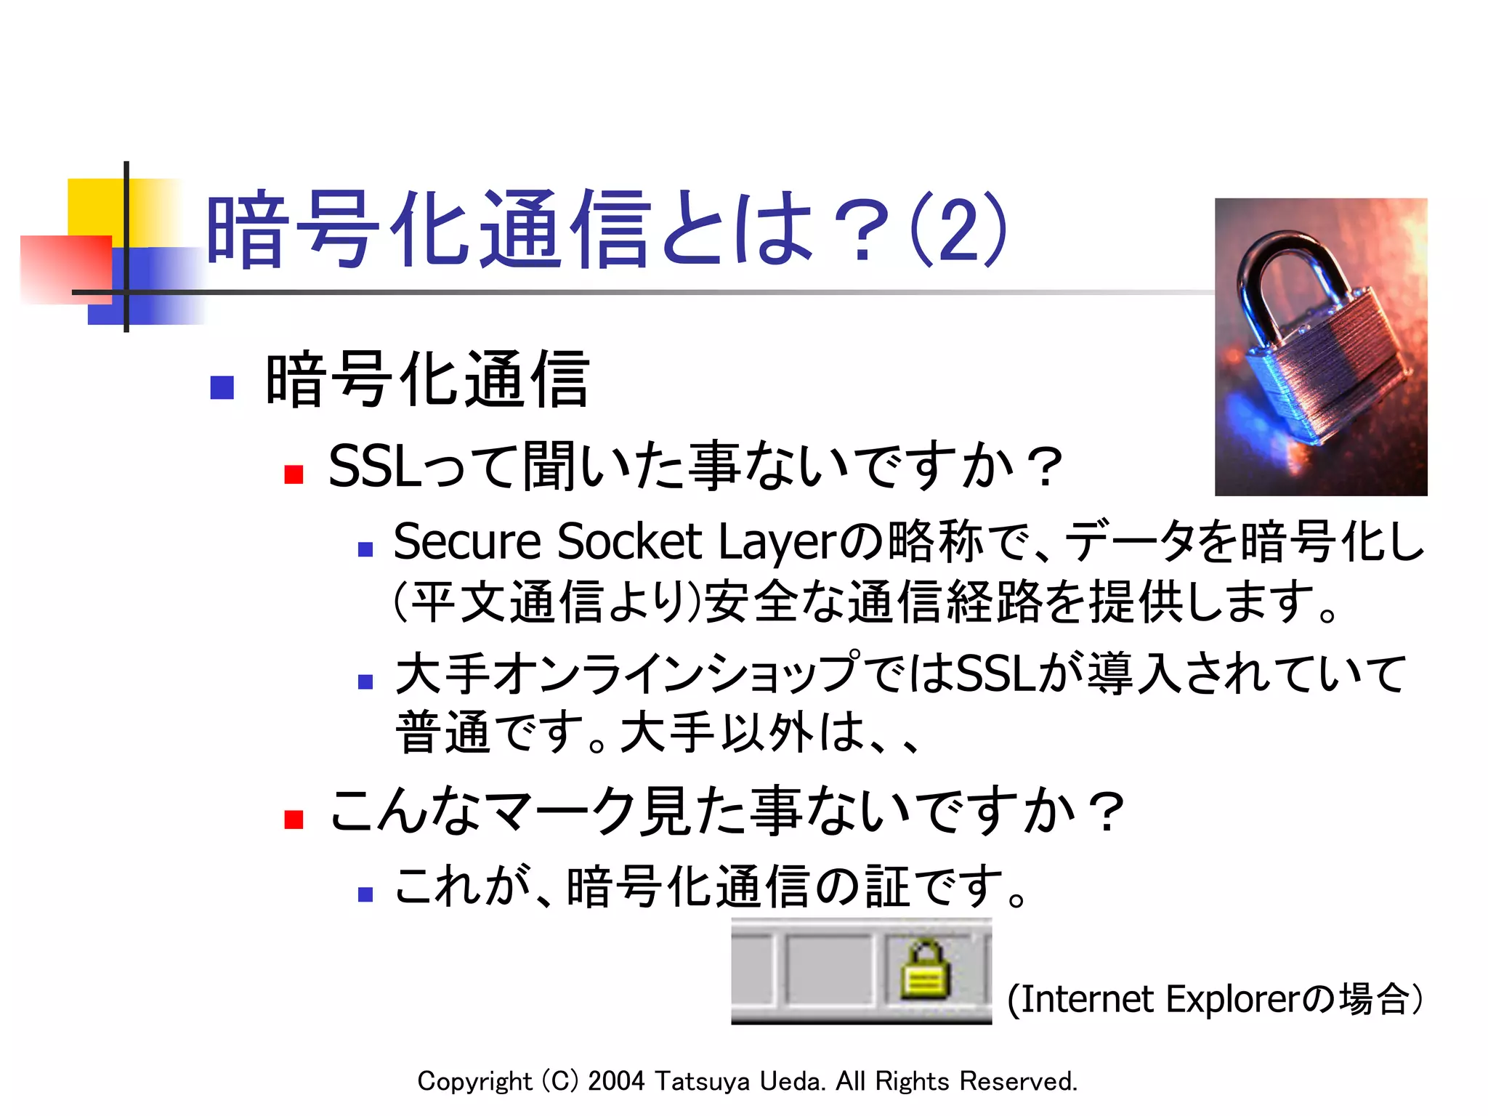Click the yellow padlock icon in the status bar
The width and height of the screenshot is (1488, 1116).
point(925,971)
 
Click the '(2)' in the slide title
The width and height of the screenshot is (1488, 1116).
point(958,230)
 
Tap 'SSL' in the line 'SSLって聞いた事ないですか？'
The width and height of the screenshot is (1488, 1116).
point(375,466)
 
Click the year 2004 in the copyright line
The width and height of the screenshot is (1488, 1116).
point(616,1081)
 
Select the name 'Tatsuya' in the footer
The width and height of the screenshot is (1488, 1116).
point(702,1082)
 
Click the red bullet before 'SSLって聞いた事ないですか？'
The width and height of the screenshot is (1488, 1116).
point(294,474)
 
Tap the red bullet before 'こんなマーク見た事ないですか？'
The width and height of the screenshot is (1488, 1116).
point(294,819)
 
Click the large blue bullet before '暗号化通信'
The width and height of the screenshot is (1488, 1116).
point(222,387)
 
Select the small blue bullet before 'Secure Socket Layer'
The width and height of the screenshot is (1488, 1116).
point(365,550)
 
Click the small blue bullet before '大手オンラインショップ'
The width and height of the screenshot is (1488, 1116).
point(365,682)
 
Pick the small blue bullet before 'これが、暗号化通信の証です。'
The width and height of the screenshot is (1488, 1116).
point(365,894)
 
